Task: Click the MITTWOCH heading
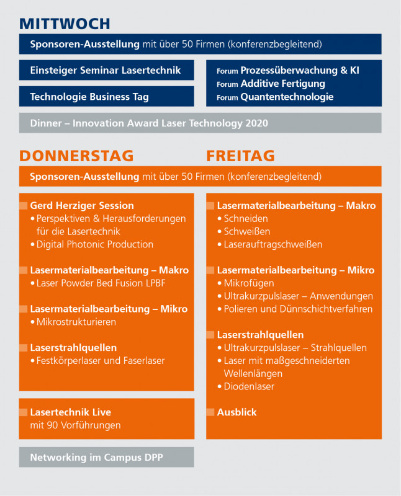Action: coord(65,24)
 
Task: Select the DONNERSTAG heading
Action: coord(76,155)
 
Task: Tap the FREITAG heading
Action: coord(240,155)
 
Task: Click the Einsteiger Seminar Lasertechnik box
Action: coord(106,70)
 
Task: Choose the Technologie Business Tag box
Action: coord(106,97)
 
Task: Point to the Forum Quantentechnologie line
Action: coord(275,97)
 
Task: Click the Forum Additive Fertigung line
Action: coord(271,84)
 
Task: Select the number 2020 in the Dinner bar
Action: coord(256,123)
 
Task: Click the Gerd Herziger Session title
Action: coord(82,205)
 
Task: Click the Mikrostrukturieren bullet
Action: coord(76,322)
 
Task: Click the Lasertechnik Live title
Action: coord(71,412)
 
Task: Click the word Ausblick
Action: coord(237,412)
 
